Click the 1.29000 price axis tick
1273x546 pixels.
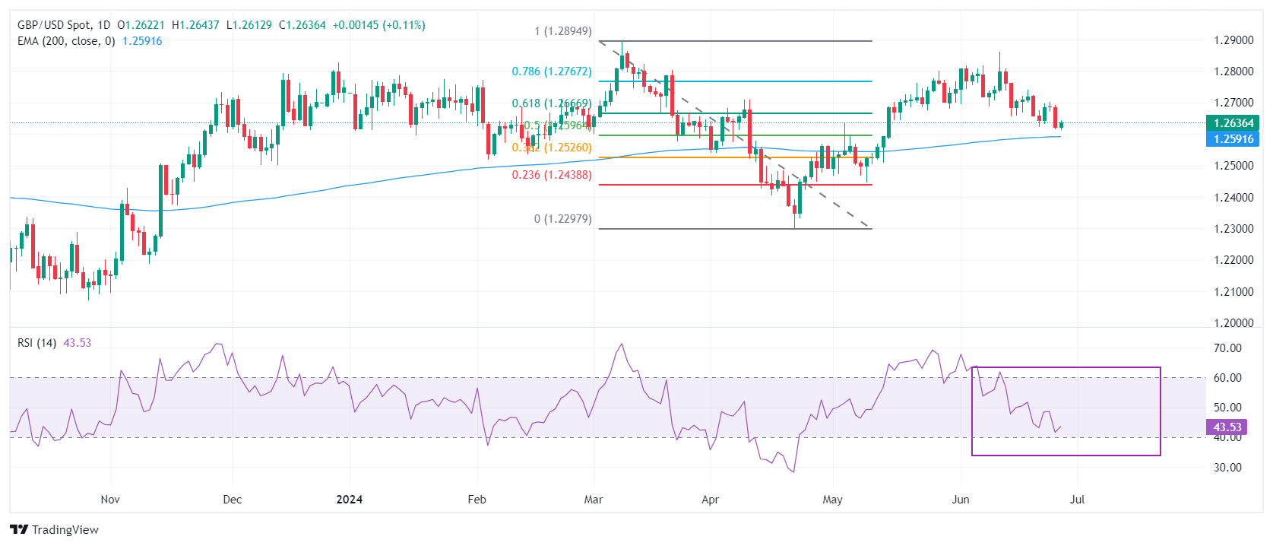click(x=1233, y=40)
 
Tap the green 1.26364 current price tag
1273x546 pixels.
click(x=1233, y=123)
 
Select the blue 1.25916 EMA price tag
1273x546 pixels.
click(x=1233, y=139)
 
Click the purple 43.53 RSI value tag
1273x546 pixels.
click(x=1227, y=427)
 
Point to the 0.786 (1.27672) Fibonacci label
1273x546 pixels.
click(x=551, y=71)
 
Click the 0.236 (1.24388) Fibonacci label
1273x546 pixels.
click(x=551, y=175)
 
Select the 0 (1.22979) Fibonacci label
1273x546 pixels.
click(x=562, y=219)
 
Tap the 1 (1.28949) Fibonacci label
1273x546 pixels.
click(x=562, y=31)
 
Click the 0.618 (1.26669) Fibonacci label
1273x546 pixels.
click(x=551, y=103)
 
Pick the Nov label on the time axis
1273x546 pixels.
click(x=110, y=500)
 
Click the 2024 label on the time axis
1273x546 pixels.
click(x=350, y=500)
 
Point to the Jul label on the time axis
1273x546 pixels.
click(x=1077, y=500)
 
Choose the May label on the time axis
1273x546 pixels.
click(x=833, y=500)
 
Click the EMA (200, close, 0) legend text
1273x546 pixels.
click(x=66, y=41)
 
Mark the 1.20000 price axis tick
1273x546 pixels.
click(x=1233, y=323)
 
